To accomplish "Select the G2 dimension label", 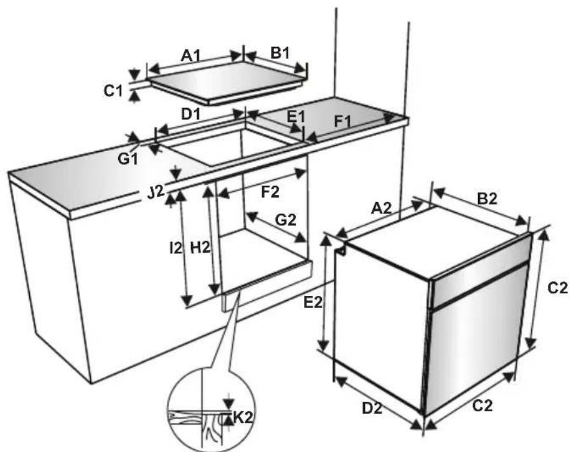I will [286, 219].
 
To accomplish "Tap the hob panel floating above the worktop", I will [225, 84].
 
